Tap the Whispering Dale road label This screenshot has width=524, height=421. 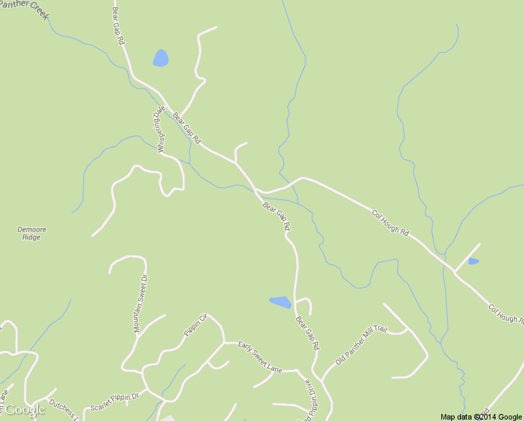(x=159, y=129)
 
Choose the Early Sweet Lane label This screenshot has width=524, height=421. (x=259, y=356)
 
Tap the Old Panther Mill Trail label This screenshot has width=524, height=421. (x=361, y=345)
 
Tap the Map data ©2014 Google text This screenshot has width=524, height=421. (x=481, y=417)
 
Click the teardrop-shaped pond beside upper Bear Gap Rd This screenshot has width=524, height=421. (x=160, y=58)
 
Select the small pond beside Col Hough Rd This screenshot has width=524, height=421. (x=474, y=262)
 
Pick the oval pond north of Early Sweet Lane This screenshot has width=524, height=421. (x=280, y=302)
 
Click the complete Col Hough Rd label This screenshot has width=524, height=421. (x=390, y=222)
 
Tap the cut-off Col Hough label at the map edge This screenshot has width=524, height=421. (x=506, y=314)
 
